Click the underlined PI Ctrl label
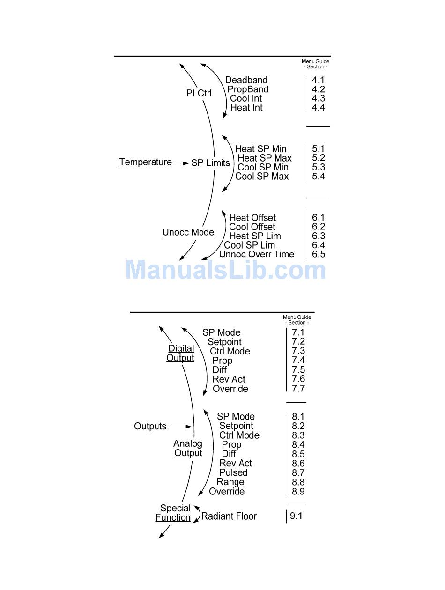(x=199, y=93)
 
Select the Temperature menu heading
(x=146, y=162)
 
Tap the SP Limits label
(x=210, y=163)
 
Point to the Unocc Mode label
(x=188, y=232)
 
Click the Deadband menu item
(x=246, y=80)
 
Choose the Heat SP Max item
(x=264, y=158)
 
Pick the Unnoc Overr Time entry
(x=257, y=254)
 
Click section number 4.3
(x=319, y=98)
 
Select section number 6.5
(x=319, y=254)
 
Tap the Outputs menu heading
(x=150, y=427)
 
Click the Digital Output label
(x=181, y=353)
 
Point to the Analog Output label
(x=188, y=448)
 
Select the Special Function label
(x=173, y=513)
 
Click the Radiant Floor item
(x=229, y=516)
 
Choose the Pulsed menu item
(x=233, y=473)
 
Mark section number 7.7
(x=298, y=389)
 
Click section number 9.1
(x=296, y=516)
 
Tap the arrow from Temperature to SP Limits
(x=181, y=163)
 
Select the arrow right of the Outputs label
(x=181, y=427)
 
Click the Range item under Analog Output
(x=230, y=482)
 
